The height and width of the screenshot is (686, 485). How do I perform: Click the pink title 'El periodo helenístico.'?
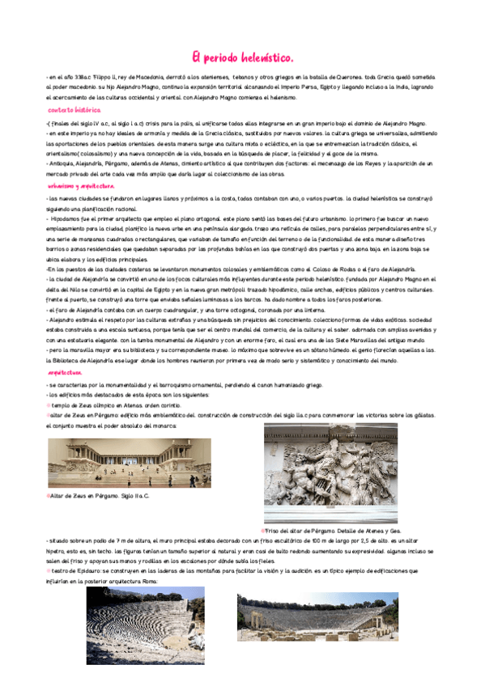[242, 57]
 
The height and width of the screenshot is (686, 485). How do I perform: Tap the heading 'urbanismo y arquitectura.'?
[82, 185]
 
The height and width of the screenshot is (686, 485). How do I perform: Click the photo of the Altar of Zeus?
[129, 462]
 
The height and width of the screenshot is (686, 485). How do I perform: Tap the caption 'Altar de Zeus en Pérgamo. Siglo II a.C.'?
[100, 495]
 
